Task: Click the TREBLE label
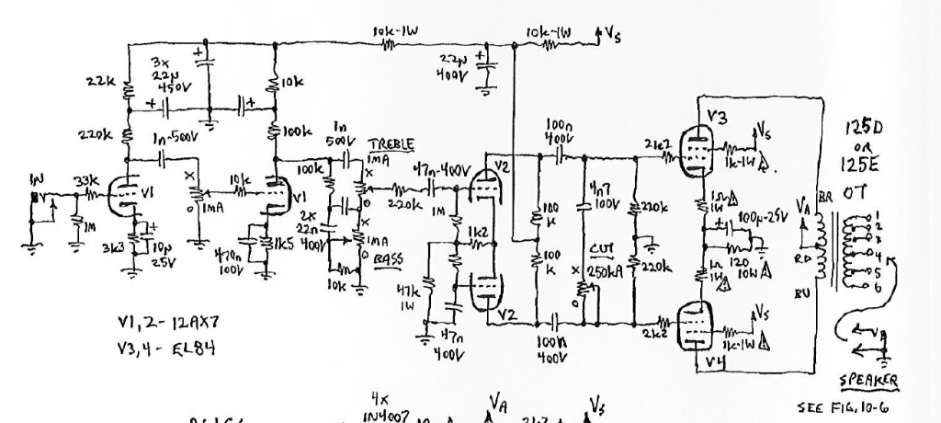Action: [x=392, y=145]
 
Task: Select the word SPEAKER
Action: [x=868, y=381]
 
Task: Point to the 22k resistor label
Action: [x=98, y=81]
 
